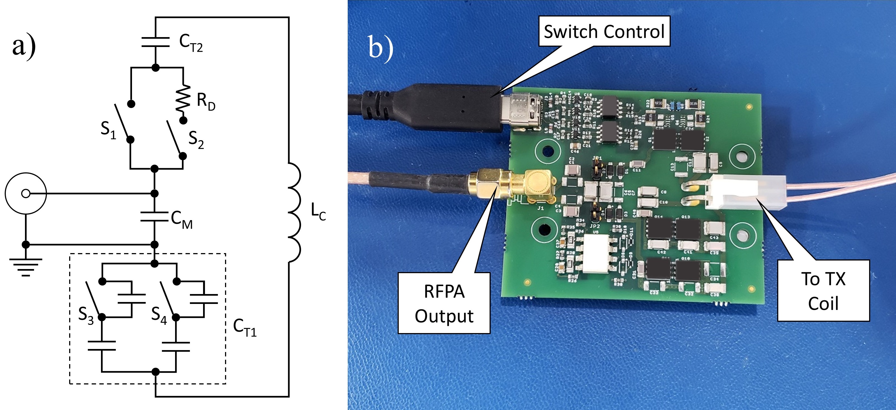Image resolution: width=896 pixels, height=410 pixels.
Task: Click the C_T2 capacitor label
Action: [191, 43]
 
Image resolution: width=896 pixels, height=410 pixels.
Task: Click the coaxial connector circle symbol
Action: [26, 193]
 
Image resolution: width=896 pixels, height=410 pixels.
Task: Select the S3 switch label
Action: [86, 315]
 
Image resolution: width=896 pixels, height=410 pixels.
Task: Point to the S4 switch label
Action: [159, 315]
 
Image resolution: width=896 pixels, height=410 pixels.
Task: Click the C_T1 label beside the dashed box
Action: [245, 328]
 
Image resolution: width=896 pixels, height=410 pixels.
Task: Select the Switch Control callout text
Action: [604, 31]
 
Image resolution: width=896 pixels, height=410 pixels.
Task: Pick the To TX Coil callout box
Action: [823, 290]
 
